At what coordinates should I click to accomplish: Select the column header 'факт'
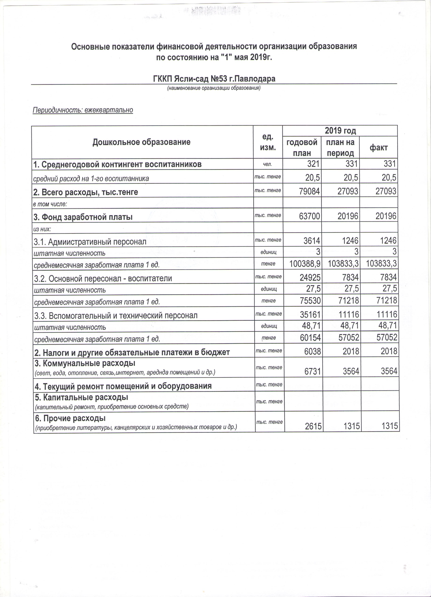coord(378,148)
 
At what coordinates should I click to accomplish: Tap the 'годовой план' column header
coord(302,148)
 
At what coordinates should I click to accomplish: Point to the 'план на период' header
coord(340,148)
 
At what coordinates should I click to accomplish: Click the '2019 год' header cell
coord(340,131)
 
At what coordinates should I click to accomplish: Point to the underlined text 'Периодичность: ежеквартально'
coord(83,110)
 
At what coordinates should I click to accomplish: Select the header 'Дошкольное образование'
coord(142,142)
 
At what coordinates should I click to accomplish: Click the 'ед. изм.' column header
coord(268,142)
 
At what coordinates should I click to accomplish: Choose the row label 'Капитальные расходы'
coord(82,397)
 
